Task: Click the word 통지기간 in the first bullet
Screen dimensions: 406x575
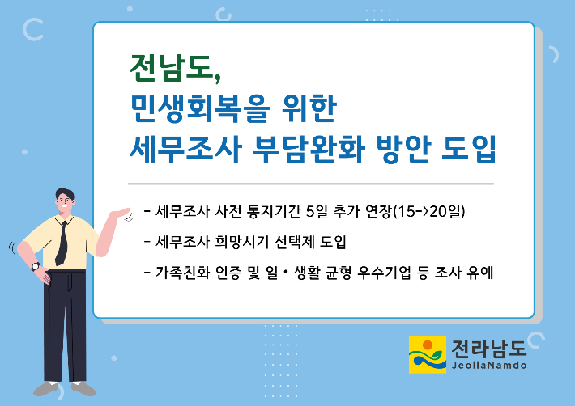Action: [276, 213]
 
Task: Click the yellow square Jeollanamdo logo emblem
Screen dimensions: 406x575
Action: [428, 354]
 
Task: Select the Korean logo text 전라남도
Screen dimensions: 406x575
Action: [490, 348]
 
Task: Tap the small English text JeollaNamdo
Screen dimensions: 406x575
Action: [489, 366]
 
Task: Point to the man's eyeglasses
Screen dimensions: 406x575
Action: [66, 199]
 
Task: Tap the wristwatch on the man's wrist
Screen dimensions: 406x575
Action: [35, 266]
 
